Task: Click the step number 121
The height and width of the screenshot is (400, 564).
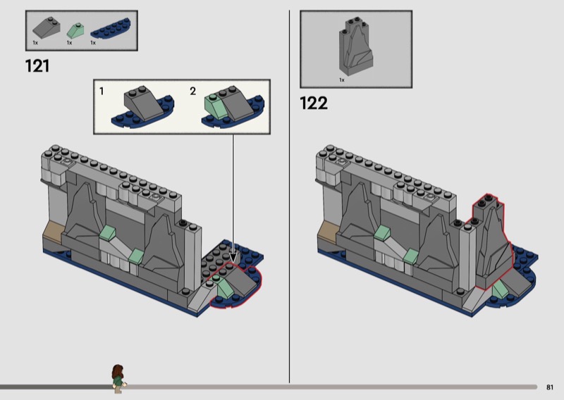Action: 37,66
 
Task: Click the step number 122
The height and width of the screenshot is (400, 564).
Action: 314,103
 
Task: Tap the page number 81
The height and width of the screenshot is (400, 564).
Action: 550,387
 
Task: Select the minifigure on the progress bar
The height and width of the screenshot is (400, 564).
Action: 118,379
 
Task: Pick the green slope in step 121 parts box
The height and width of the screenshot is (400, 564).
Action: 75,31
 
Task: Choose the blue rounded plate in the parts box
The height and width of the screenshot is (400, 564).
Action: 111,28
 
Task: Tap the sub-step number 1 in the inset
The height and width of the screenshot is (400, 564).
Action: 102,92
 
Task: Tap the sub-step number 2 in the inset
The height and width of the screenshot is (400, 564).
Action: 193,92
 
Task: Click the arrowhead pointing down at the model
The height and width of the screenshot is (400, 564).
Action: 233,258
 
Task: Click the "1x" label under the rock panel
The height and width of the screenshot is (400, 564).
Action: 342,80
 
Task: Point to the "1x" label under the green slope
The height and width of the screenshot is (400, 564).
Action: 69,43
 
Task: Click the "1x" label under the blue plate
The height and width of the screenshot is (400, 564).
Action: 93,43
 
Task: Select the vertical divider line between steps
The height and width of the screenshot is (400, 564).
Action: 289,196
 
